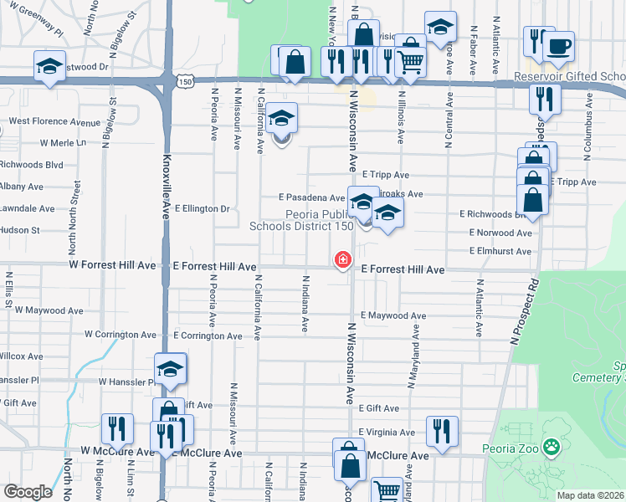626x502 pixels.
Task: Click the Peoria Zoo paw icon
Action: [x=551, y=448]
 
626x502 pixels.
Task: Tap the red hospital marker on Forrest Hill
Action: [x=342, y=260]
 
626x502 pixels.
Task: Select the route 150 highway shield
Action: [x=185, y=81]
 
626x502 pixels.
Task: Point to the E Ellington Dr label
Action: [x=202, y=208]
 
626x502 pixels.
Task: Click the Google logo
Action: [x=28, y=492]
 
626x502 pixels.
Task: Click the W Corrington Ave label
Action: [x=120, y=335]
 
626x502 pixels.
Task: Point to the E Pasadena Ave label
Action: [x=311, y=198]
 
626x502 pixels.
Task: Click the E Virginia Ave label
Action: [x=387, y=433]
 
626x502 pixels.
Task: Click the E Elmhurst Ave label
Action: [x=500, y=251]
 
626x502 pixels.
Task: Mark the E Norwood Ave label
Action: [x=500, y=233]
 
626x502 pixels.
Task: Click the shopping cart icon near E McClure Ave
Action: [x=387, y=489]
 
